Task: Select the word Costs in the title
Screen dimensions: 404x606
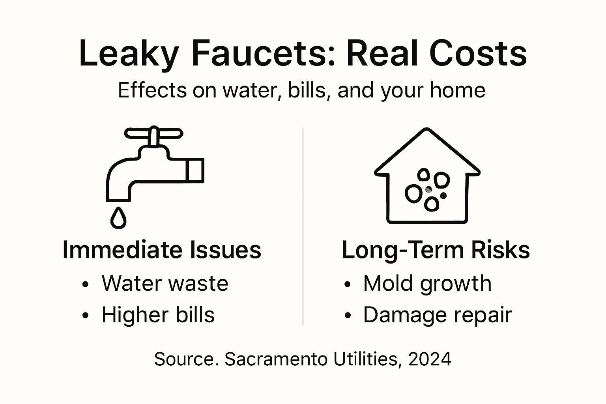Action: [478, 54]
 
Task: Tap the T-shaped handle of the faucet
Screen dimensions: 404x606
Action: [154, 134]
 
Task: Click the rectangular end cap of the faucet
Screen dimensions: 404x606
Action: [195, 170]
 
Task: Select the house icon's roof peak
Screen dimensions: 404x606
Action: [427, 130]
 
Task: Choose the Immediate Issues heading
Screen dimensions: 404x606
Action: [162, 250]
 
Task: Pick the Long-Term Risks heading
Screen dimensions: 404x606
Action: [436, 250]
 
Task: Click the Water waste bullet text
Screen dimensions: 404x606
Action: [165, 283]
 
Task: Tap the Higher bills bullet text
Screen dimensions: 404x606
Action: [158, 315]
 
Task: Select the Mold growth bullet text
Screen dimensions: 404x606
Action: [427, 283]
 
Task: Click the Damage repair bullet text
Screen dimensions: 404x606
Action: [437, 315]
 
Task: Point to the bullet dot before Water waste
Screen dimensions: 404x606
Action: [85, 284]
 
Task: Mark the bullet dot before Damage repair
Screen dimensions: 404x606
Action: [347, 316]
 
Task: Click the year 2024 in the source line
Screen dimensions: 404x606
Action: [430, 359]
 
